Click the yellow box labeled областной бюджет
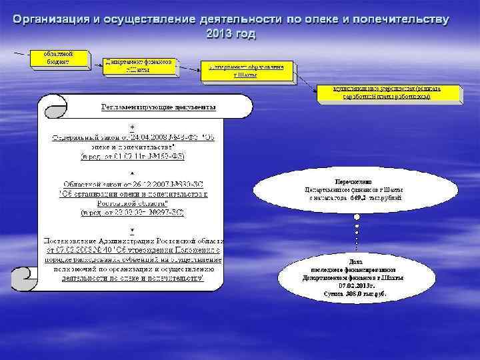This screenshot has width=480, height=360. pos(59,57)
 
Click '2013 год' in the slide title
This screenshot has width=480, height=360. pos(231,33)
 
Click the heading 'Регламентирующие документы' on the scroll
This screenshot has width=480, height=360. pos(158,107)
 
